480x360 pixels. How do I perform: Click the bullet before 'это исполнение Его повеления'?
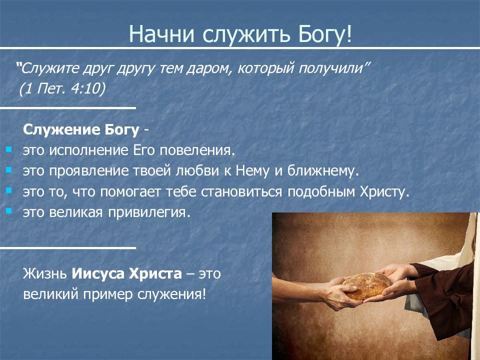tap(9, 149)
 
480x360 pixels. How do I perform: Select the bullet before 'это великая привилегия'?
tap(9, 211)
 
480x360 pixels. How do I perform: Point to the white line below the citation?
tap(67, 107)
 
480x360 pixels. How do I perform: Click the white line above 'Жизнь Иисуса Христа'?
tap(67, 247)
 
